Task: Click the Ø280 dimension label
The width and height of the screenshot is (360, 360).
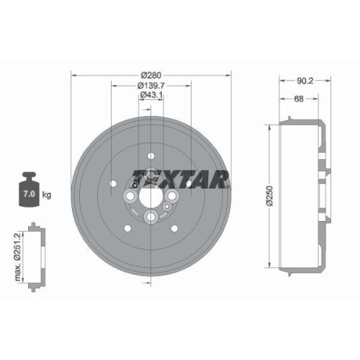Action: (x=150, y=75)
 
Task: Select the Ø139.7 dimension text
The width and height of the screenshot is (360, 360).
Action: (x=150, y=85)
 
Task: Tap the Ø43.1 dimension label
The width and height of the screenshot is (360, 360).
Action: (x=150, y=95)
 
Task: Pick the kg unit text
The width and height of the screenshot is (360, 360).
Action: (x=47, y=195)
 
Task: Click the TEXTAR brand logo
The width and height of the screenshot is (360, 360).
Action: (x=180, y=179)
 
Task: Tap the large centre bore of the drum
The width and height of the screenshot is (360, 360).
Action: (x=150, y=196)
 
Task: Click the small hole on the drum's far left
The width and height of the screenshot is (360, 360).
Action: (x=114, y=184)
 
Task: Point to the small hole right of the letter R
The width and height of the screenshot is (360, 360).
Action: (x=188, y=184)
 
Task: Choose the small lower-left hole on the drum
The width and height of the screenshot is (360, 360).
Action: (x=127, y=229)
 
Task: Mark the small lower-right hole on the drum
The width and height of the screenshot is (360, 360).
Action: (x=174, y=229)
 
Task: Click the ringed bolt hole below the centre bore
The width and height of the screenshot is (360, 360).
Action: (x=150, y=216)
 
